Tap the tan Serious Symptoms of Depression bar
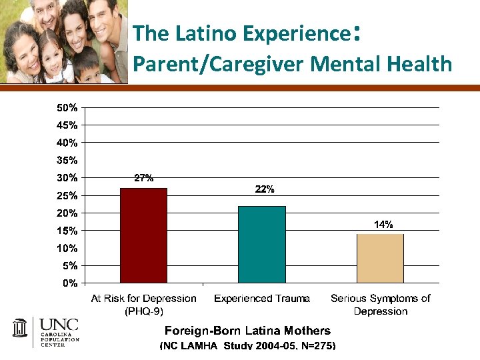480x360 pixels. [380, 258]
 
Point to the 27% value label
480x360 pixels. [144, 178]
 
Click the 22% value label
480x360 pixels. [265, 189]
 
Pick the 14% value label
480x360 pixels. [383, 225]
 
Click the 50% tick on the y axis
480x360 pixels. [66, 107]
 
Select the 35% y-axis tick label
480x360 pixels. [66, 160]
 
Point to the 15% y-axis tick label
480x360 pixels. [66, 231]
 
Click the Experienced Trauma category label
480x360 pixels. [262, 299]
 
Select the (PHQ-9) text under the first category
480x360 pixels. [144, 311]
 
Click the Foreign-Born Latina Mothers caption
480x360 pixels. [247, 331]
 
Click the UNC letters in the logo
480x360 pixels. [59, 325]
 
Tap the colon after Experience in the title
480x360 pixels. [358, 33]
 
